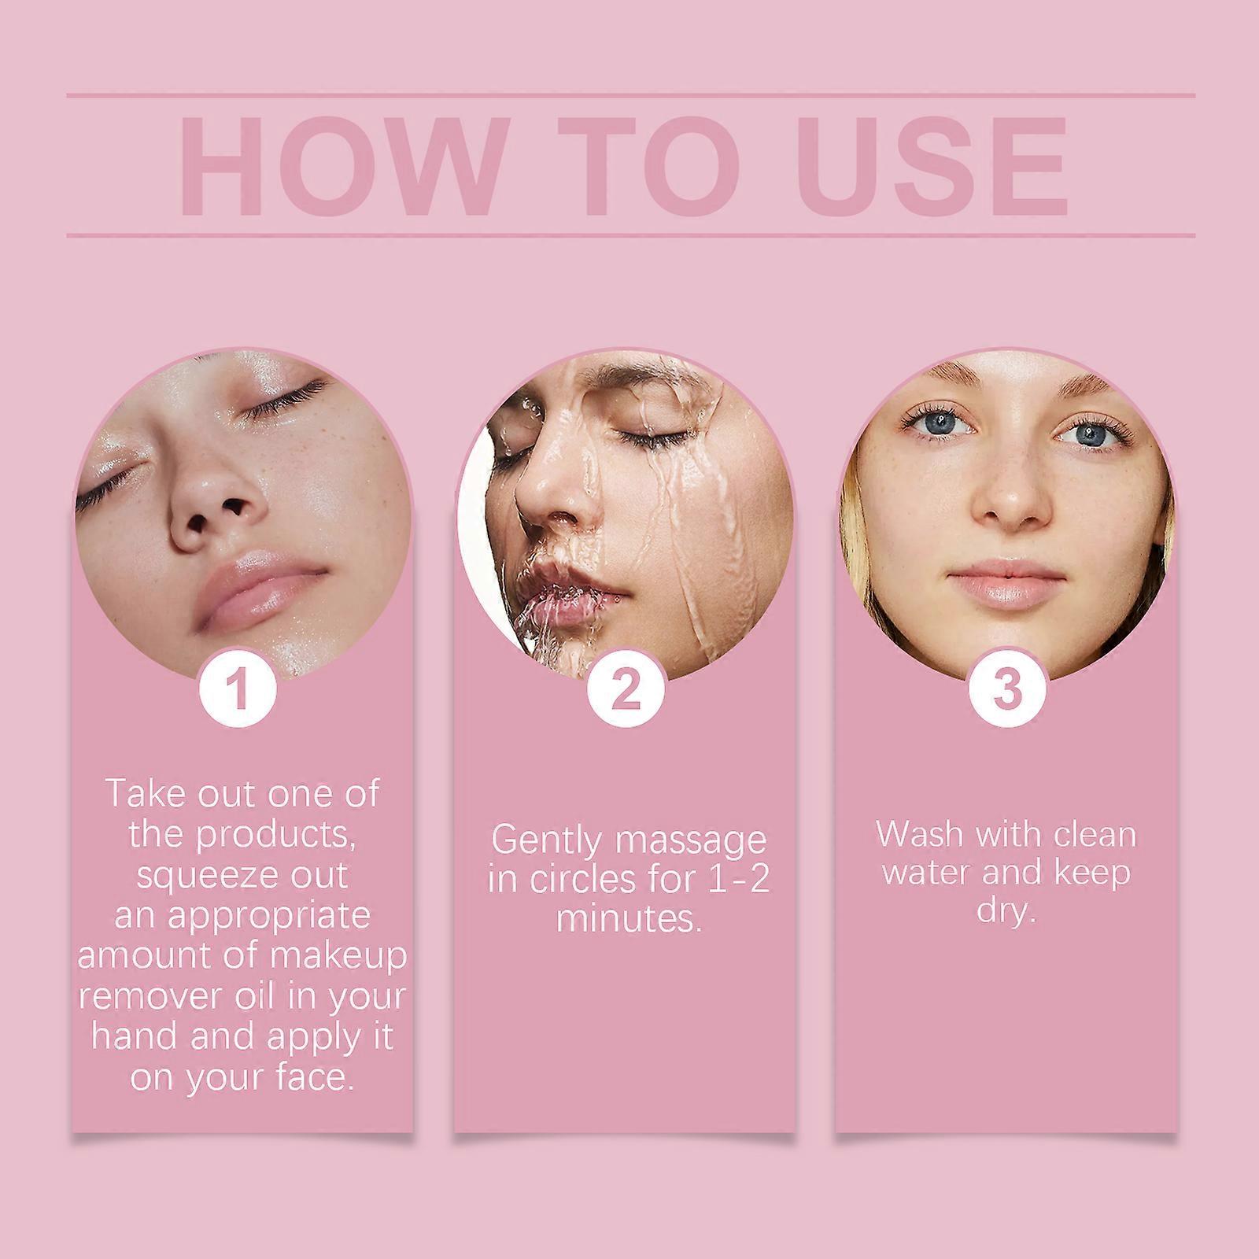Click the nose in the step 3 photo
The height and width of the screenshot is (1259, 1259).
[x=1007, y=504]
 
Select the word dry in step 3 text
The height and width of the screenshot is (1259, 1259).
[x=1005, y=913]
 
